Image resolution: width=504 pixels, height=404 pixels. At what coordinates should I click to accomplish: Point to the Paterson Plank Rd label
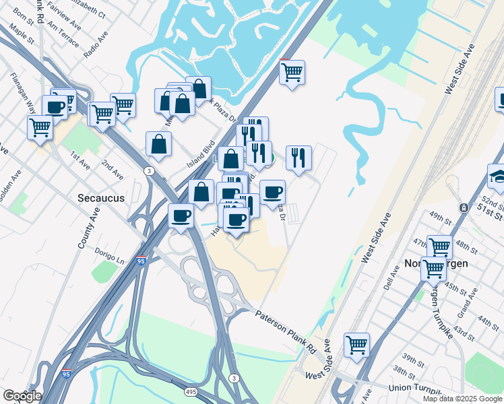tap(286, 332)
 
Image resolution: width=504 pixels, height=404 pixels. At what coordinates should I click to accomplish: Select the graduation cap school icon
tap(498, 176)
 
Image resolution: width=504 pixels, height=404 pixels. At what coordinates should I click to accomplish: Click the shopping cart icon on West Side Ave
tap(356, 345)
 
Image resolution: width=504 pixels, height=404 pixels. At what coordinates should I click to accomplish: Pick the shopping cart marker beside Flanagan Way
tap(40, 127)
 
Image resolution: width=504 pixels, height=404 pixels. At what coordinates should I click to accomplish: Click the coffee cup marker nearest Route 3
tap(181, 215)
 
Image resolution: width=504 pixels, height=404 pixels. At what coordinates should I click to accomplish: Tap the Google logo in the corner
tap(22, 396)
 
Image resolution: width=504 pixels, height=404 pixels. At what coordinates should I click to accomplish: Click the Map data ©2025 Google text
tap(462, 399)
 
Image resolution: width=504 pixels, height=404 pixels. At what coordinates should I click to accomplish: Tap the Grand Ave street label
tap(467, 303)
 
